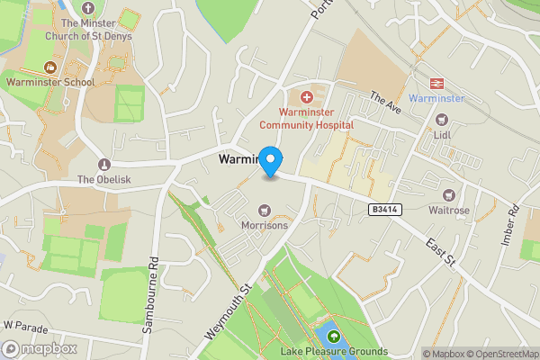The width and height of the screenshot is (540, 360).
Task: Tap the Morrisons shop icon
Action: pyautogui.click(x=265, y=210)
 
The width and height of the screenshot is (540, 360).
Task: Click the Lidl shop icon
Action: pyautogui.click(x=442, y=119)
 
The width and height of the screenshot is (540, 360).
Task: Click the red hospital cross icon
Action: pyautogui.click(x=306, y=96)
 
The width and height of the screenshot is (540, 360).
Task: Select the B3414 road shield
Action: pyautogui.click(x=383, y=209)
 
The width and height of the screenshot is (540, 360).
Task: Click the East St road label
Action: pyautogui.click(x=442, y=256)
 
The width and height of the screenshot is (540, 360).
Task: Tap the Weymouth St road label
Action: pyautogui.click(x=226, y=310)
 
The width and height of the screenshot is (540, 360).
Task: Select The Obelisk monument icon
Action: pyautogui.click(x=104, y=165)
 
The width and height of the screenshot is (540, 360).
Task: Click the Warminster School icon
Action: pyautogui.click(x=49, y=67)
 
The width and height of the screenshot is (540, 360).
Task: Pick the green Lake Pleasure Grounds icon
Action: pyautogui.click(x=334, y=337)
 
